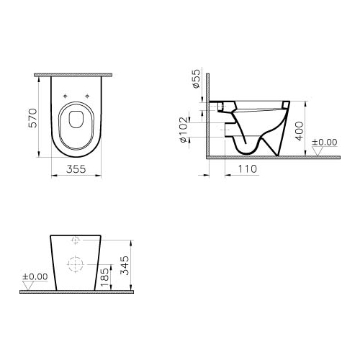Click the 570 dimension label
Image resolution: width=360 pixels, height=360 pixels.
click(x=33, y=118)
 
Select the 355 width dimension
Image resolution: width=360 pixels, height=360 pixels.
click(x=76, y=169)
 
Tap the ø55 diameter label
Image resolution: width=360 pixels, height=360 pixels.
click(x=196, y=78)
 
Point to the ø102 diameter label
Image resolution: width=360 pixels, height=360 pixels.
click(x=184, y=130)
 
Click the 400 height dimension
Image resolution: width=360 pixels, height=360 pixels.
click(x=300, y=131)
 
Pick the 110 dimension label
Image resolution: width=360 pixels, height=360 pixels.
click(x=248, y=169)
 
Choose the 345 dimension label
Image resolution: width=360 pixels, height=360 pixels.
click(x=125, y=266)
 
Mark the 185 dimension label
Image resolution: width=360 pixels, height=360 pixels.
click(x=105, y=277)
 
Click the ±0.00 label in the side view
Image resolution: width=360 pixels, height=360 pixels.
click(x=325, y=142)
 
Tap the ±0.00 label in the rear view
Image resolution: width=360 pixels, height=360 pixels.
click(x=35, y=276)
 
